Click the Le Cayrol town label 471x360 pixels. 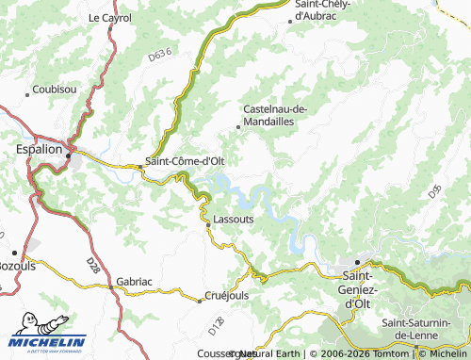click(x=110, y=18)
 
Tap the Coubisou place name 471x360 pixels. click(x=54, y=90)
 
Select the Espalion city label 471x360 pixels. click(x=40, y=149)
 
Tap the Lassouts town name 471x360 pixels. click(x=234, y=218)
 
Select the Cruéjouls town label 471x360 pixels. click(x=227, y=295)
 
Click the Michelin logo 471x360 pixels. click(x=47, y=343)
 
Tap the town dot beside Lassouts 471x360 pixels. click(x=207, y=224)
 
